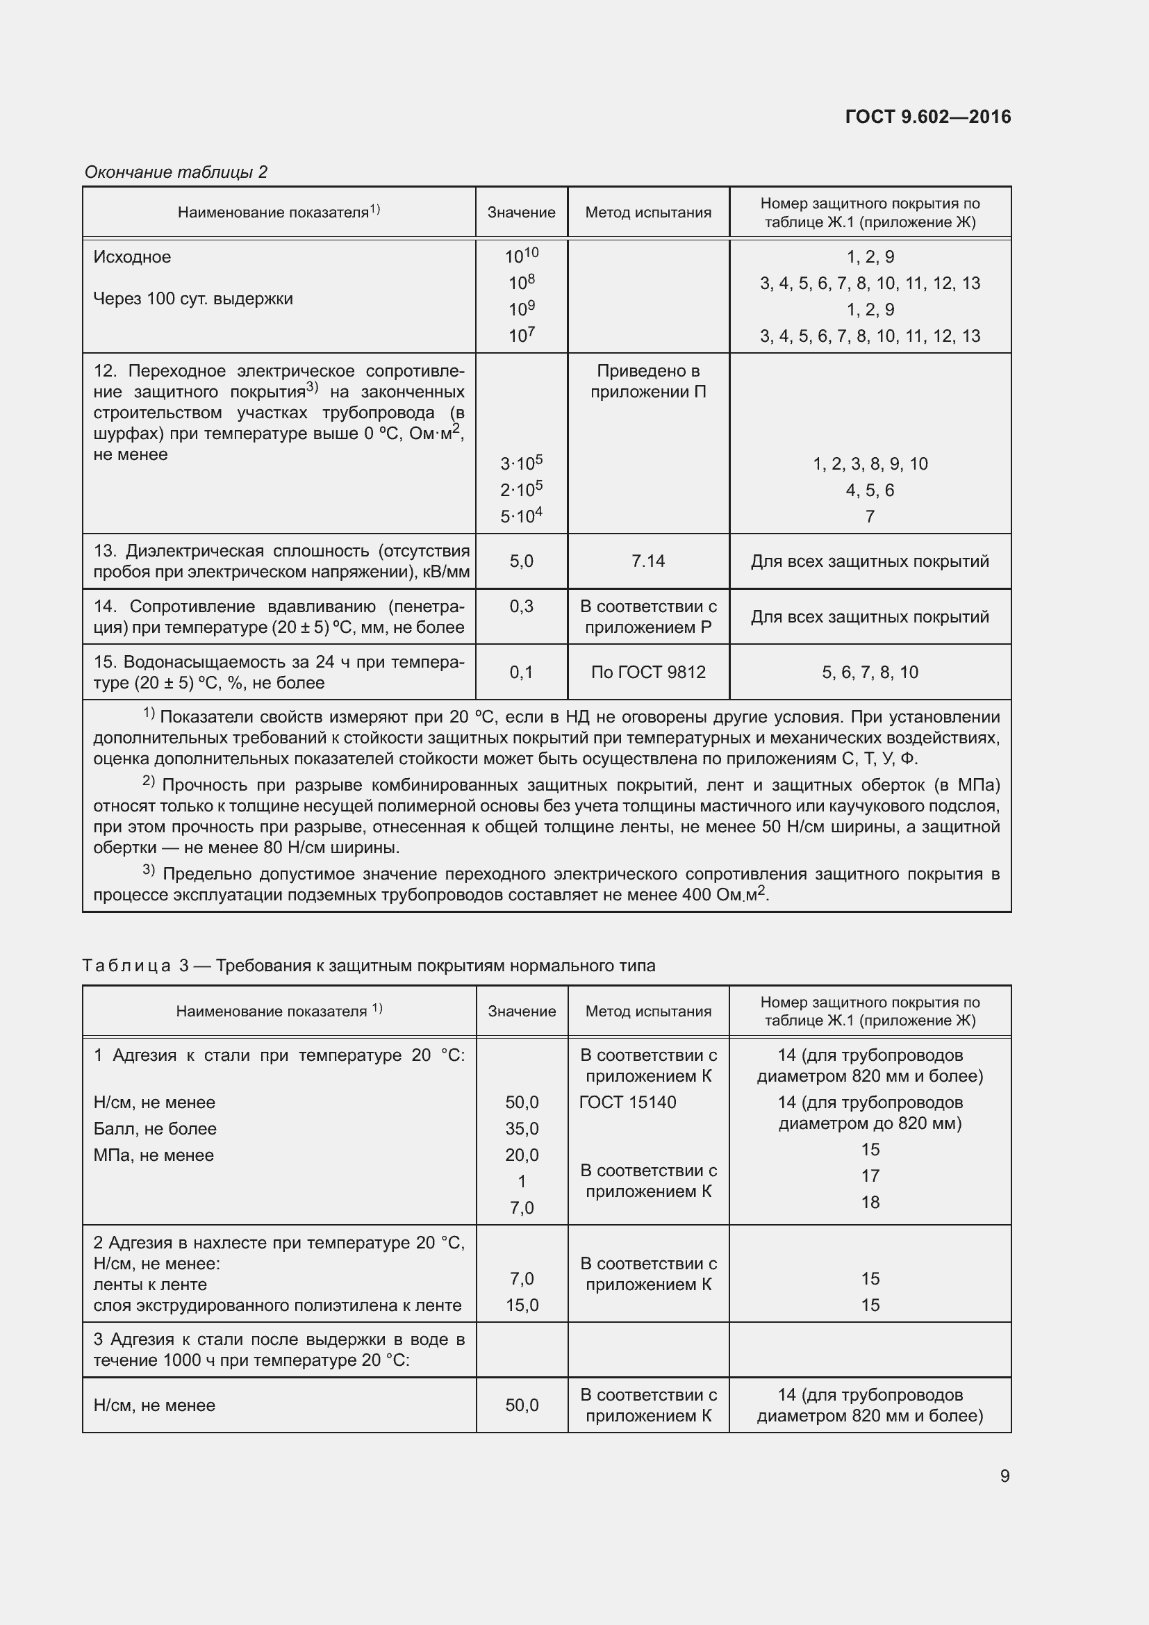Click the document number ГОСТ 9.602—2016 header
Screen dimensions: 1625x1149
(x=927, y=117)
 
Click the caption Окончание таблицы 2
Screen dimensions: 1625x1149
(x=176, y=172)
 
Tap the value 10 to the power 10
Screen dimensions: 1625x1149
(x=522, y=256)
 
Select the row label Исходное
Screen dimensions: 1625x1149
(x=132, y=257)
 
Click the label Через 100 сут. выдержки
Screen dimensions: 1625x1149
(x=192, y=299)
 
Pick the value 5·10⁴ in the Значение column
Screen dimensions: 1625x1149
(x=522, y=516)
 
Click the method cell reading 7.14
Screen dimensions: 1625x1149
(x=647, y=561)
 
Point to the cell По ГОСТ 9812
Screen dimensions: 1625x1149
(x=647, y=673)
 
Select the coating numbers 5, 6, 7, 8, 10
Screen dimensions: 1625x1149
(x=870, y=673)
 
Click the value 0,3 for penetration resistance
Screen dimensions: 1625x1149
(x=522, y=607)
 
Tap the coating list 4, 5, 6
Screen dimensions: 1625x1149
(x=870, y=490)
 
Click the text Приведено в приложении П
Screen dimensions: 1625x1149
(x=647, y=381)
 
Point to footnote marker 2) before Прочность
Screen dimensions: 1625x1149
(x=149, y=782)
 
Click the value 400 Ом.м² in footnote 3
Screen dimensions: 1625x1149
(x=724, y=895)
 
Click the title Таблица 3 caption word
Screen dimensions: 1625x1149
(x=126, y=966)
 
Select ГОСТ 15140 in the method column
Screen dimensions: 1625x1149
(x=627, y=1102)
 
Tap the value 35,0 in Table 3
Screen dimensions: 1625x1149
(x=522, y=1128)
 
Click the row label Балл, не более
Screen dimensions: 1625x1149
(x=155, y=1128)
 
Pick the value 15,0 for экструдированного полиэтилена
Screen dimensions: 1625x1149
(x=522, y=1305)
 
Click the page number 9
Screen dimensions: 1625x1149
(x=1004, y=1476)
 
